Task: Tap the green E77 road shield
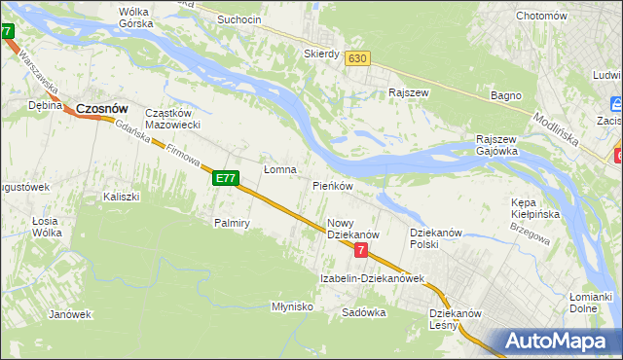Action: [x=225, y=178]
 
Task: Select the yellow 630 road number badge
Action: [x=357, y=58]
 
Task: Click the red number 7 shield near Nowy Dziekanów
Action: [x=361, y=251]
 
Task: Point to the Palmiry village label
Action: [x=233, y=223]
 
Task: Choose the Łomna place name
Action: [x=280, y=169]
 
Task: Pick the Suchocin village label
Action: [x=239, y=18]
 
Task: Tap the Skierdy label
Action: [x=321, y=54]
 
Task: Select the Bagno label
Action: [x=506, y=95]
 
